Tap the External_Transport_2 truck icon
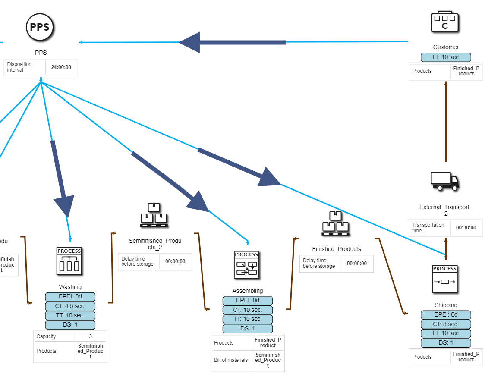(x=445, y=181)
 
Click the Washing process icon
(x=69, y=261)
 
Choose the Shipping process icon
(x=445, y=279)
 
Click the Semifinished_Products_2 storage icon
(x=154, y=215)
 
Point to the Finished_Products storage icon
(x=335, y=224)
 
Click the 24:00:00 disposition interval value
(x=61, y=67)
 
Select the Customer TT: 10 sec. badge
(x=446, y=57)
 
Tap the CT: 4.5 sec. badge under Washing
(x=70, y=306)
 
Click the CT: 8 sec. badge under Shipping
(x=446, y=324)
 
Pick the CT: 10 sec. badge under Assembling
(x=247, y=310)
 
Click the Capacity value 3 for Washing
(x=91, y=336)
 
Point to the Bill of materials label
(x=231, y=360)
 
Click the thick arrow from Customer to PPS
(x=233, y=42)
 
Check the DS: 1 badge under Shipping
(x=446, y=343)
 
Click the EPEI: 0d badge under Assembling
(x=247, y=301)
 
